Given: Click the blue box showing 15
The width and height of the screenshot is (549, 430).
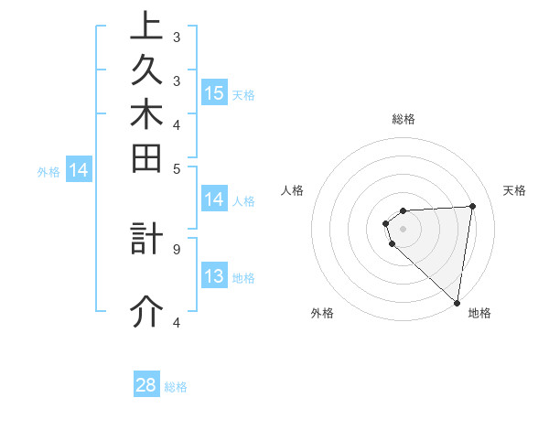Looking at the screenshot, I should pyautogui.click(x=214, y=92).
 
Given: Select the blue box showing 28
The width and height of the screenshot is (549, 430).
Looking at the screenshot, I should pyautogui.click(x=146, y=385).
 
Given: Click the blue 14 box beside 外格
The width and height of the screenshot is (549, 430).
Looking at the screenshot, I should pyautogui.click(x=79, y=169).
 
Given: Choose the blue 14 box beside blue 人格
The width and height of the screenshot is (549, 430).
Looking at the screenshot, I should pyautogui.click(x=214, y=199).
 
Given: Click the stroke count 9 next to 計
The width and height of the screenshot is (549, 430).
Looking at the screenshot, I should pyautogui.click(x=177, y=248).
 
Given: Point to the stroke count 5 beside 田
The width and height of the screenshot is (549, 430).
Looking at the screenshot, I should pyautogui.click(x=177, y=168).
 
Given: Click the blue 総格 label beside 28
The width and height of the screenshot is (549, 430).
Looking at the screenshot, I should pyautogui.click(x=176, y=387).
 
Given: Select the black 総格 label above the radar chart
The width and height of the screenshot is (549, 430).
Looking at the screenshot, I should pyautogui.click(x=404, y=119).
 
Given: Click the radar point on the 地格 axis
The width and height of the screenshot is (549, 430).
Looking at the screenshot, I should pyautogui.click(x=457, y=302).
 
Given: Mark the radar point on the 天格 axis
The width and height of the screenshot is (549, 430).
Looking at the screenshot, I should pyautogui.click(x=472, y=206).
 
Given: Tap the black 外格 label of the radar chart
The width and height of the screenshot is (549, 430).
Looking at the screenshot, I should pyautogui.click(x=322, y=313).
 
